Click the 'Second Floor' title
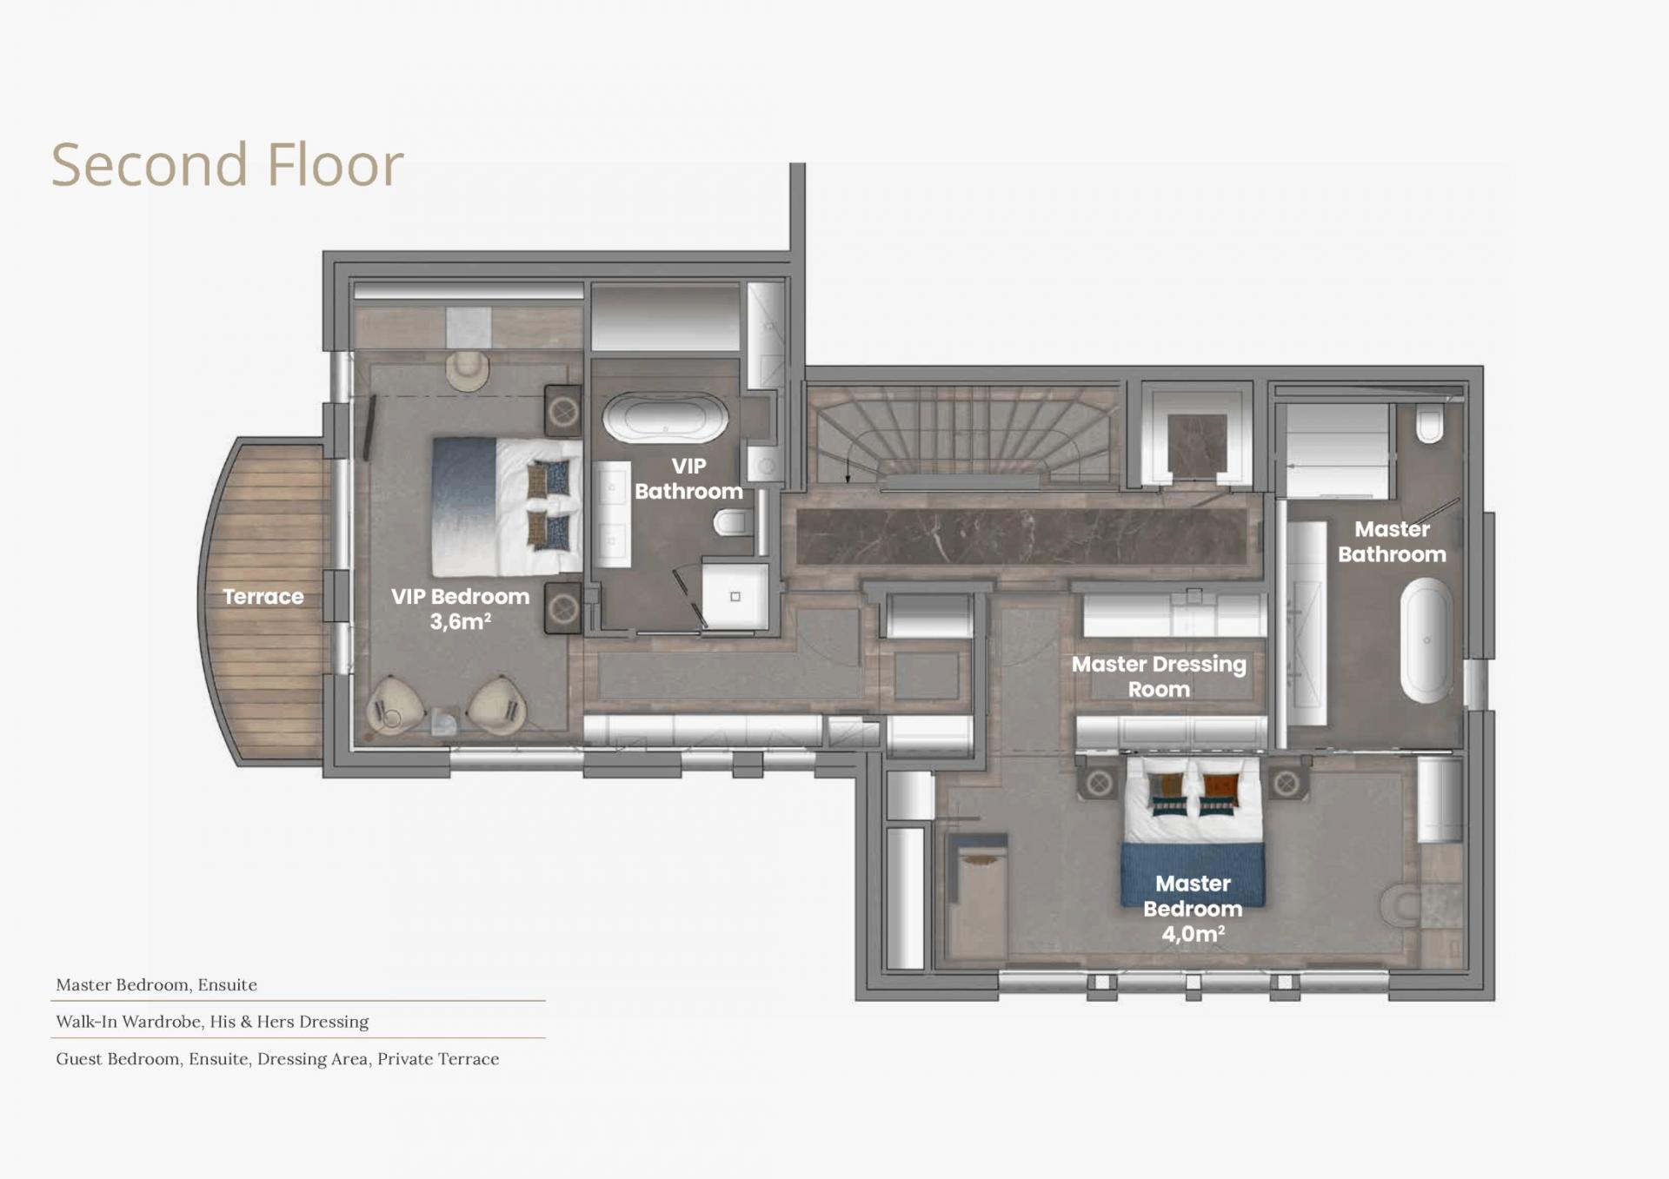228,164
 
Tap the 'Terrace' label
263,597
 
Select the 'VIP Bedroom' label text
460,597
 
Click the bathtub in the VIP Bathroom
665,419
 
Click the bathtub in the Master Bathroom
1426,639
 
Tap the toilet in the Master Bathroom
1430,426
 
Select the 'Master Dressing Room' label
1159,677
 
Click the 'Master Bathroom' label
1392,541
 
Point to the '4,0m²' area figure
1194,934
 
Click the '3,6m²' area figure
461,622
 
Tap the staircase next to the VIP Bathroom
961,432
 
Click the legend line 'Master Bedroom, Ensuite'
156,984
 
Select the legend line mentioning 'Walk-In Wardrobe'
212,1022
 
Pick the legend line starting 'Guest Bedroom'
277,1059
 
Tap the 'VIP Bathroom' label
688,479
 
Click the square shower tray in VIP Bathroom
735,596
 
